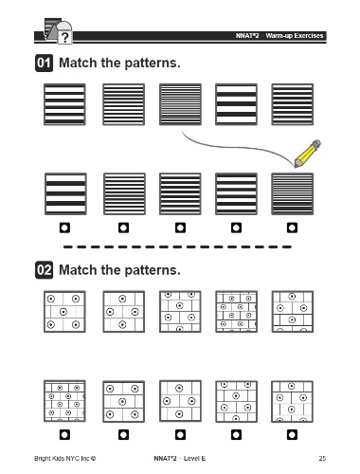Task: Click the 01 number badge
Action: coord(44,63)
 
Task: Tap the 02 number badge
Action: coord(44,270)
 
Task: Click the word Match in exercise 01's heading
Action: coord(78,63)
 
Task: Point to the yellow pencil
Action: coord(307,154)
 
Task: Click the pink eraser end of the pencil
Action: coord(316,144)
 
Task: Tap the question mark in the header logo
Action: coord(64,38)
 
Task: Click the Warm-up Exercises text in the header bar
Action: coord(295,36)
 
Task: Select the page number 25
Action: coord(322,458)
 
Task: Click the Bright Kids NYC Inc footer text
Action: coord(64,458)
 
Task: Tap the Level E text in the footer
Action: coord(194,458)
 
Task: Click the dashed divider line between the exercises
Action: coord(177,246)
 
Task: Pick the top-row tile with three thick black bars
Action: coord(236,104)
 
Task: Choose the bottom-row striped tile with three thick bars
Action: coord(65,193)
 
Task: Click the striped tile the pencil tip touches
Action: coord(293,193)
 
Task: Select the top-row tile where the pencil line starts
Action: coord(180,104)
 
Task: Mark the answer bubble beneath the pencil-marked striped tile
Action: coord(292,228)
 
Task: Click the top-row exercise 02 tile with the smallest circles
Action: coord(236,312)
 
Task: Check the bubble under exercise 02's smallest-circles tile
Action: coord(64,435)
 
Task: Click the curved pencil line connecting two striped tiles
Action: coord(235,147)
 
